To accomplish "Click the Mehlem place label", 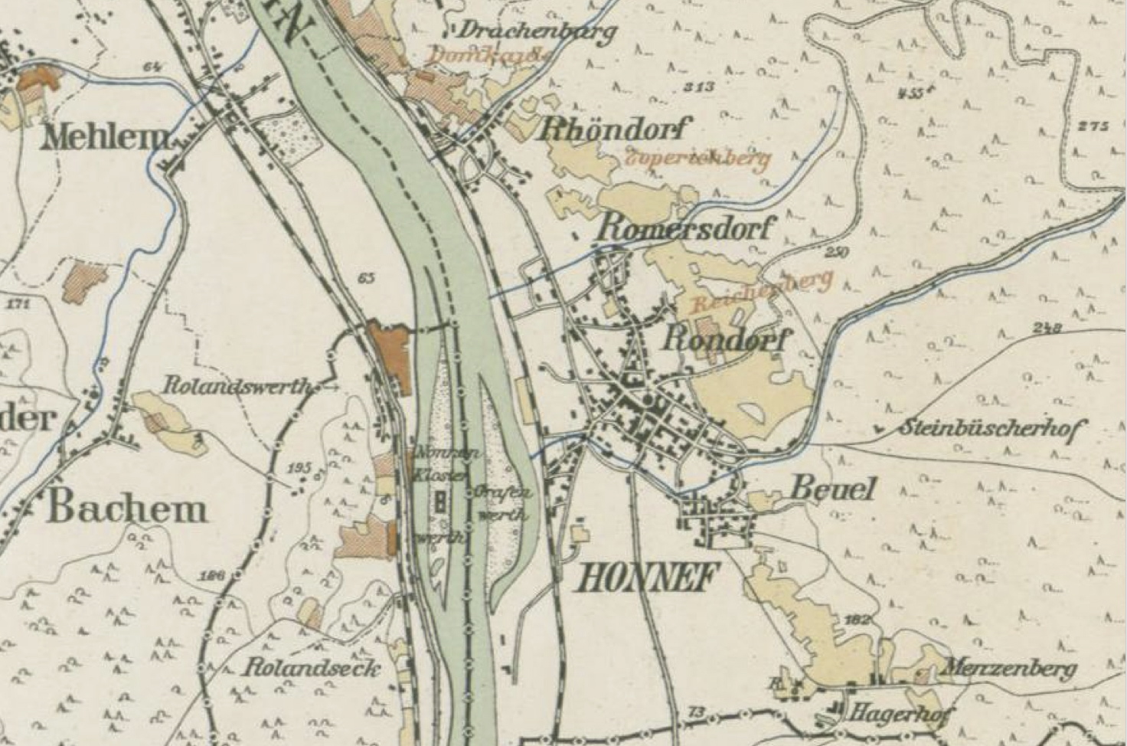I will tap(106, 138).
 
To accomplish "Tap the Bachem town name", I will tap(127, 509).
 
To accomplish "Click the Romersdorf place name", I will tap(686, 227).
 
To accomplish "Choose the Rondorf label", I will tap(724, 338).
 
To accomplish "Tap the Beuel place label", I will tap(832, 489).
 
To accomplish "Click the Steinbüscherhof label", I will tap(991, 428).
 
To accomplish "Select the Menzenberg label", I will tap(1008, 669).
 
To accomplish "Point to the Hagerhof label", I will tap(901, 713).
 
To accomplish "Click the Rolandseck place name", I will tap(312, 668).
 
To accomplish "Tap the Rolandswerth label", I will tap(240, 386).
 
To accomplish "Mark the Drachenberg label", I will tap(537, 31).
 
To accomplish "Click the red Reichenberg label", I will tap(761, 293).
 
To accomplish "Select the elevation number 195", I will tap(302, 467).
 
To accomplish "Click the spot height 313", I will tap(698, 86).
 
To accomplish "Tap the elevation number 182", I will tap(858, 617).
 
